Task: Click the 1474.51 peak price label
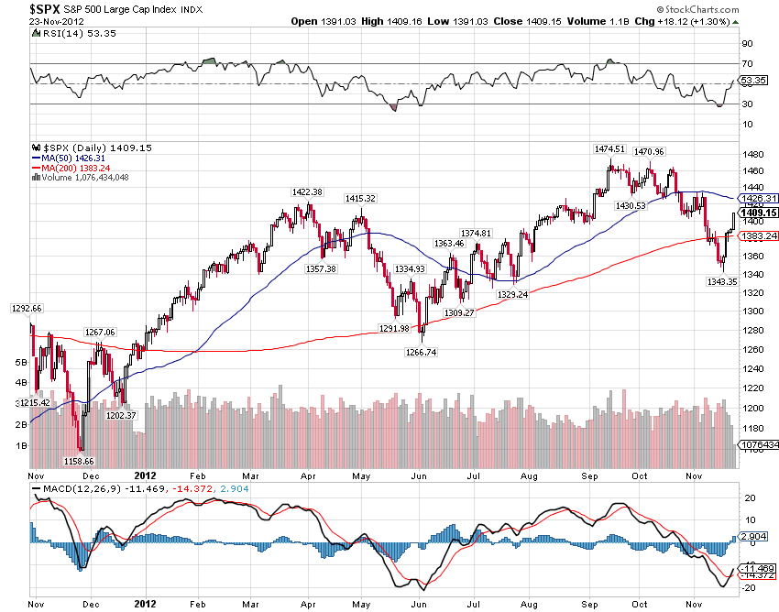pyautogui.click(x=609, y=148)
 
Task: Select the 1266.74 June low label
pyautogui.click(x=422, y=352)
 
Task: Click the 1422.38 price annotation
pyautogui.click(x=306, y=192)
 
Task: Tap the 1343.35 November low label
pyautogui.click(x=721, y=281)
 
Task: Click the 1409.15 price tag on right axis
pyautogui.click(x=760, y=213)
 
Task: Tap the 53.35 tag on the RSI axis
pyautogui.click(x=753, y=81)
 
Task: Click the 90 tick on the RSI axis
pyautogui.click(x=747, y=43)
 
